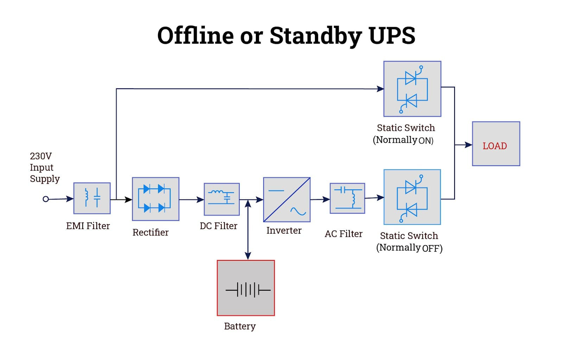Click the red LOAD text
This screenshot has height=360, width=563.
[494, 146]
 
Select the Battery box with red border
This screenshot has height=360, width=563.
[246, 288]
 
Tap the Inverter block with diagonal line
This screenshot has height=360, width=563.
[286, 200]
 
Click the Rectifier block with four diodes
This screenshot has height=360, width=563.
[156, 199]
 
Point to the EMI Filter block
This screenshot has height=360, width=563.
[92, 198]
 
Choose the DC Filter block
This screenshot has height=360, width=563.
[222, 199]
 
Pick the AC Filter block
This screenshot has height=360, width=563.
[347, 198]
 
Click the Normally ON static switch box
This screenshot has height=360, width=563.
[412, 89]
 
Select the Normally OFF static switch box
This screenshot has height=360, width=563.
[412, 197]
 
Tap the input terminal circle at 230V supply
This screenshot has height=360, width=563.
[45, 199]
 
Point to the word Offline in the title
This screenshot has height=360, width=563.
[195, 36]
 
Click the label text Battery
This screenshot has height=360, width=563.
[240, 326]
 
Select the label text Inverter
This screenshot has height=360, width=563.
[284, 230]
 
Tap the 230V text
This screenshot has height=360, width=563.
[41, 156]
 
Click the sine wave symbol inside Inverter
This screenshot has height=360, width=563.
[298, 211]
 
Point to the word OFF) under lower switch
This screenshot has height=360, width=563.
[432, 248]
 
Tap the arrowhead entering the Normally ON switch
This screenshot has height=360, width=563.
[380, 89]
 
